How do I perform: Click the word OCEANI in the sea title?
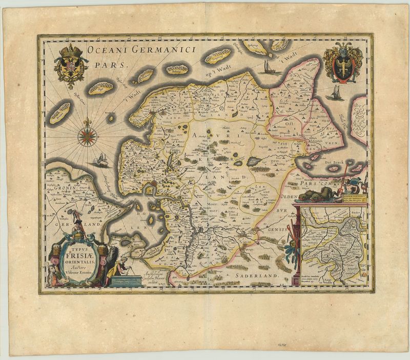106,50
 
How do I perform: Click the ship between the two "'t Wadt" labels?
268,67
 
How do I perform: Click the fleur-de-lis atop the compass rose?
88,122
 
